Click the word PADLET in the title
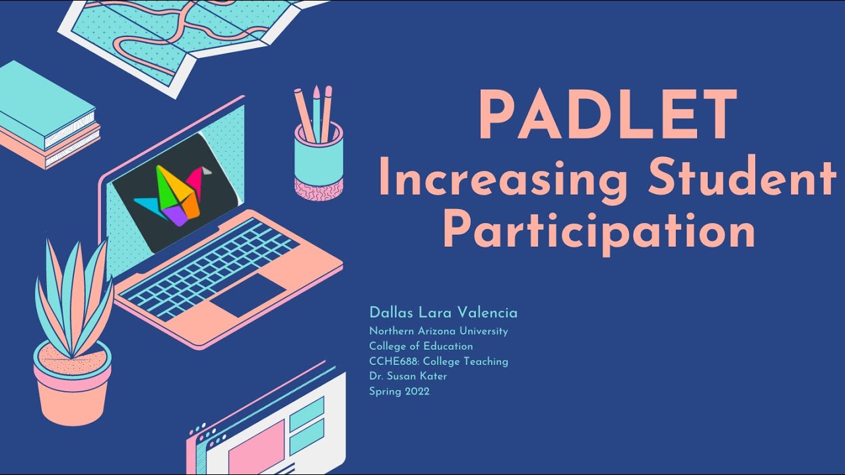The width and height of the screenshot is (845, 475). [607, 115]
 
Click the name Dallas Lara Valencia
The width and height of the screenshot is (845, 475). [443, 313]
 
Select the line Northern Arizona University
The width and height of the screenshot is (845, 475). [438, 331]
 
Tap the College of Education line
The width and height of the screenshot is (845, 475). [421, 346]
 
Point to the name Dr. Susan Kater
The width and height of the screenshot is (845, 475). [408, 376]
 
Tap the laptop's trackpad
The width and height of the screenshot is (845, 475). [248, 294]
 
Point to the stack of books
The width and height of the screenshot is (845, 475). [46, 119]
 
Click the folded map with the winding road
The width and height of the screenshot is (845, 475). [178, 33]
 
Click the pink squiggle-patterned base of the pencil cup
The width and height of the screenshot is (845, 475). [318, 187]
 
